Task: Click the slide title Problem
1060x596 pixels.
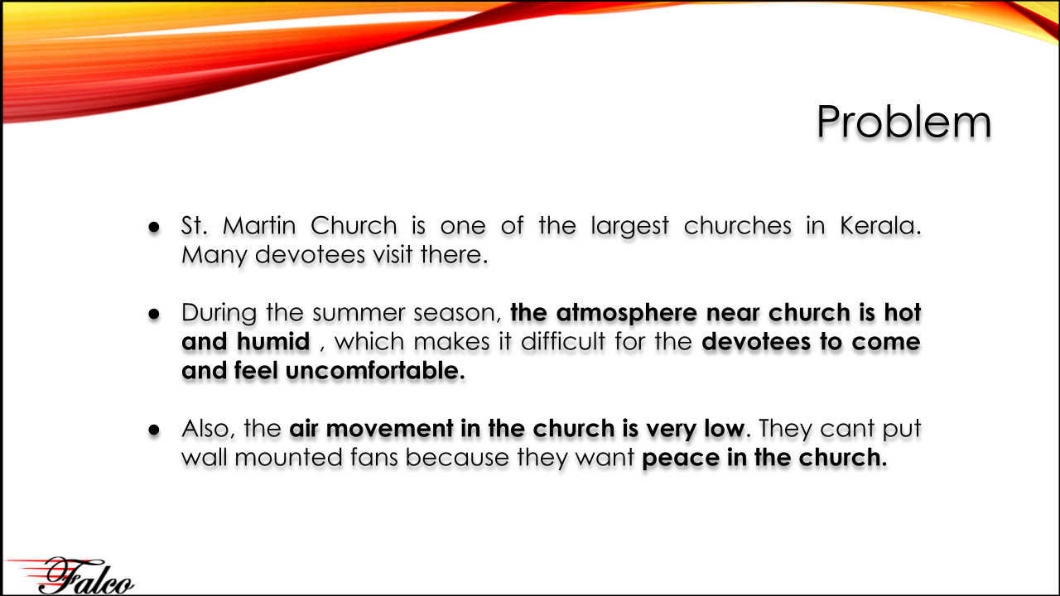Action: point(903,122)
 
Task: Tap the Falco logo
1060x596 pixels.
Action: point(71,575)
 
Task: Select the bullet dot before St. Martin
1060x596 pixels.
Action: point(154,228)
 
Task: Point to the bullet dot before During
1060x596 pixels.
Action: point(154,314)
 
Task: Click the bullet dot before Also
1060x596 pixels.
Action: point(154,430)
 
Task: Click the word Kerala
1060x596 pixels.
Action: point(880,225)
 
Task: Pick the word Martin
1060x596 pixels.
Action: point(259,225)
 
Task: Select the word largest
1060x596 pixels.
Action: point(630,227)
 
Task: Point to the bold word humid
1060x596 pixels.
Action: point(273,341)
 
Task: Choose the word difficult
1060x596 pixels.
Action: point(562,341)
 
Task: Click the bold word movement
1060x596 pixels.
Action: point(390,429)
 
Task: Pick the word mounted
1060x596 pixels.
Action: point(288,458)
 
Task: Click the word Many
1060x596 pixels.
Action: point(214,256)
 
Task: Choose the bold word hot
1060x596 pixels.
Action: point(903,312)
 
